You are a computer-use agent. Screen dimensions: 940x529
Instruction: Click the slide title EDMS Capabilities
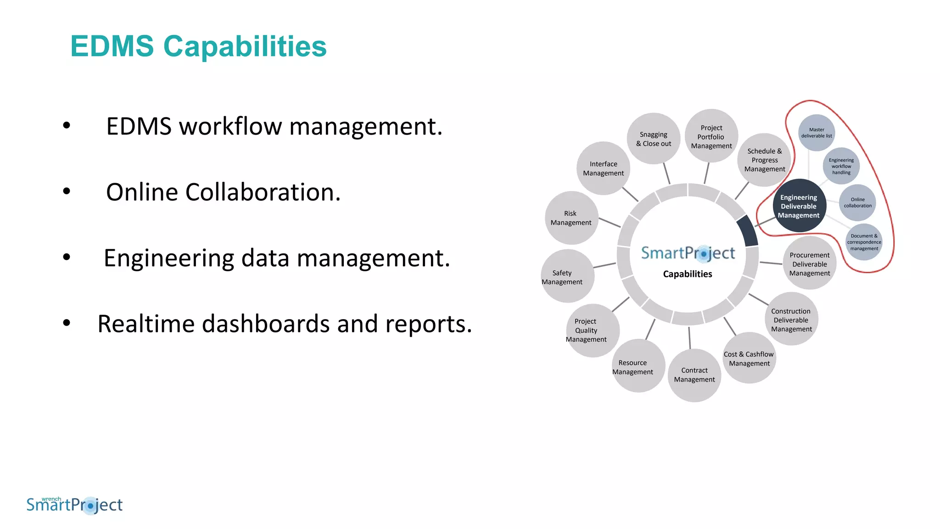tap(198, 46)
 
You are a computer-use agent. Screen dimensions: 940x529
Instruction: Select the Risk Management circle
tap(571, 218)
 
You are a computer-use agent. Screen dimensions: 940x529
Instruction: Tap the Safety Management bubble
tap(567, 276)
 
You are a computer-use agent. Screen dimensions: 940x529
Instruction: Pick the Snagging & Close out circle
tap(654, 139)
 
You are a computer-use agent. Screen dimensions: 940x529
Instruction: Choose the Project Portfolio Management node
tap(711, 136)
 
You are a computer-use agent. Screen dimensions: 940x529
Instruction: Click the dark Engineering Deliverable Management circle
tap(799, 206)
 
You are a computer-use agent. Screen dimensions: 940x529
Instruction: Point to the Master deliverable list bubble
tap(817, 133)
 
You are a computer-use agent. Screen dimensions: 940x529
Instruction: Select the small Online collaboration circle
tap(857, 203)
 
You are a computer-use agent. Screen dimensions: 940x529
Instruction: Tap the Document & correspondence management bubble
tap(864, 242)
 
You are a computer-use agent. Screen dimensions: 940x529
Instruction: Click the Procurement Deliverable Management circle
tap(810, 264)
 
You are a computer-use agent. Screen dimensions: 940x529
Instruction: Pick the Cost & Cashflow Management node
tap(749, 358)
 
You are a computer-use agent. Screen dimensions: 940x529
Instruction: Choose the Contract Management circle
tap(694, 375)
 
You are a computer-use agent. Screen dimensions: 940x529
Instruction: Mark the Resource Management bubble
tap(638, 366)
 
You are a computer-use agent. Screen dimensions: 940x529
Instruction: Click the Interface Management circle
tap(603, 168)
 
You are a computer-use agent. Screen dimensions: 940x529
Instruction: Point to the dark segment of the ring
tap(747, 231)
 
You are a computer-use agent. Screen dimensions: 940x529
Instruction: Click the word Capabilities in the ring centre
tap(688, 274)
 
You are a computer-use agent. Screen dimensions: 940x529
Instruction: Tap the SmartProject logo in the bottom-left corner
tap(75, 505)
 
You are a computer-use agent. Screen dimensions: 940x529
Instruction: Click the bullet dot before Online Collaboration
tap(67, 191)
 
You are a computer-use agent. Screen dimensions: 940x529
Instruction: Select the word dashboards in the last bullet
tap(266, 324)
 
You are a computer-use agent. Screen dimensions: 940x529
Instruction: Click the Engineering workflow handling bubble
tap(841, 166)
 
